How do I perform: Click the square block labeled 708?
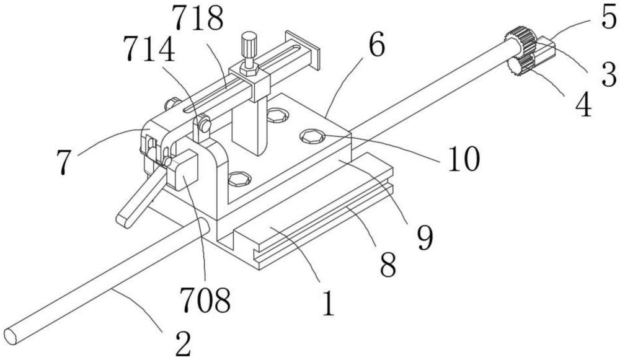184,172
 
